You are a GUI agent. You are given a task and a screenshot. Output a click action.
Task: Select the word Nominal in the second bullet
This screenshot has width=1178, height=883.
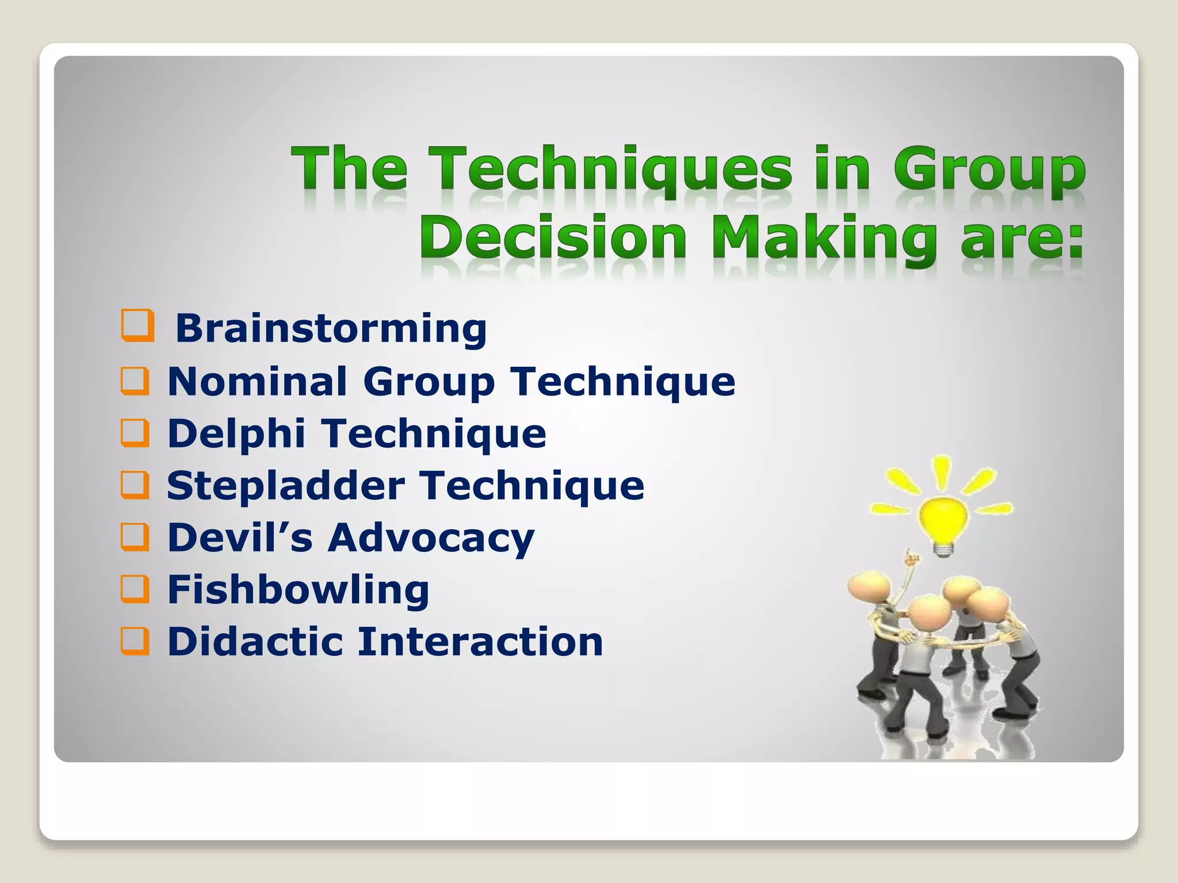(257, 381)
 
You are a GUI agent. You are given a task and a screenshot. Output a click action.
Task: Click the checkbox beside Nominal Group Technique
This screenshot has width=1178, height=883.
(135, 381)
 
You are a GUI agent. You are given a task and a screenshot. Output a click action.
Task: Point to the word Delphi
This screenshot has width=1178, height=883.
(236, 433)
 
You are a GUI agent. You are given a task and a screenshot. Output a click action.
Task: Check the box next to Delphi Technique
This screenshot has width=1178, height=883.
(135, 433)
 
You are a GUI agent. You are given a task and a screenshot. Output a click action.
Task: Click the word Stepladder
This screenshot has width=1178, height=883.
(286, 486)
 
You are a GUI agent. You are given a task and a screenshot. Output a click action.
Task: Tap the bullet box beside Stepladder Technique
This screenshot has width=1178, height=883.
(135, 485)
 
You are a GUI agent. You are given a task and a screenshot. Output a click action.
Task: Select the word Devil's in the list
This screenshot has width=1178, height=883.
(240, 538)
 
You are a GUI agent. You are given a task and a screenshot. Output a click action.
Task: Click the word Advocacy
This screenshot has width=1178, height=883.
(431, 539)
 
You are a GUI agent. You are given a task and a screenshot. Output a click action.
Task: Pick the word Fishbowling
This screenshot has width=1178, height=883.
(298, 590)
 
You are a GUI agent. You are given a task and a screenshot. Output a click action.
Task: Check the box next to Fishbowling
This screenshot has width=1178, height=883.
(135, 589)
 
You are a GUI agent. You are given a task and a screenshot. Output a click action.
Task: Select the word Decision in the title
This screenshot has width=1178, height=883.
(553, 237)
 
